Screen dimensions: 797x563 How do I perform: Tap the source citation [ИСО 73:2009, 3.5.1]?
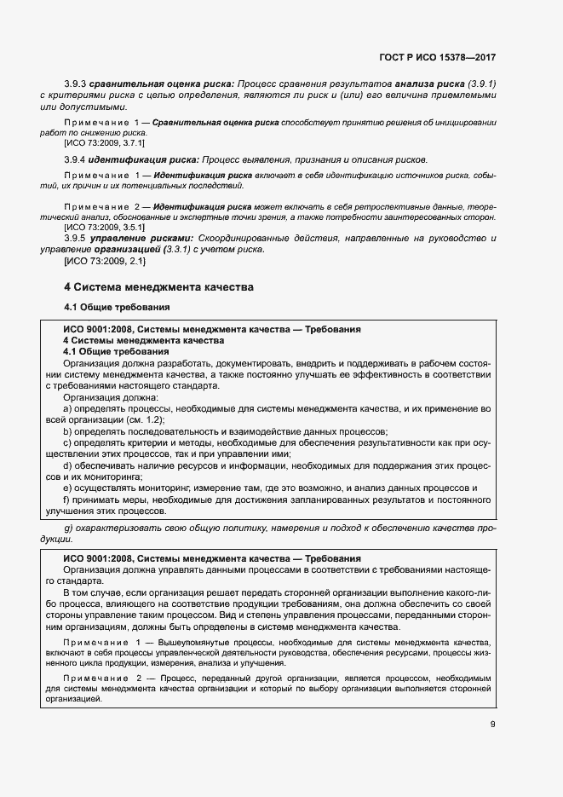click(99, 228)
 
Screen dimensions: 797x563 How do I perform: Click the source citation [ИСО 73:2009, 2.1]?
click(95, 261)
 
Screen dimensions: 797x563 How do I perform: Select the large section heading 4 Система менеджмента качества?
click(158, 287)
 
